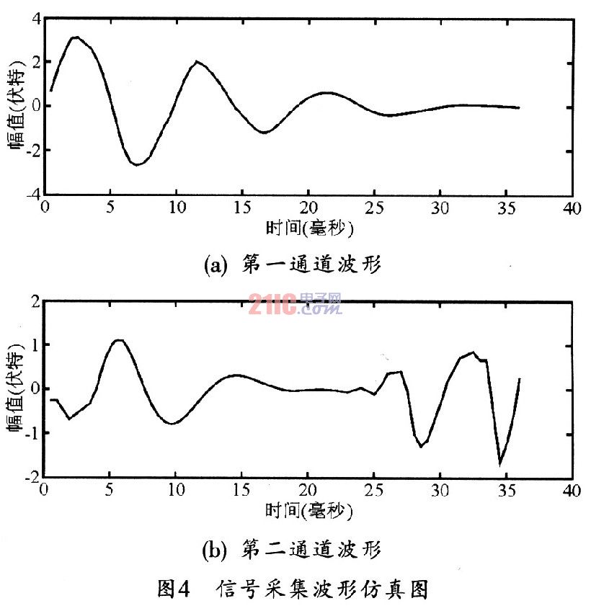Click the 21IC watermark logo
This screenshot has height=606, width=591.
(x=295, y=305)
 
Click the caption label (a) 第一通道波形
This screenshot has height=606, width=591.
(x=293, y=265)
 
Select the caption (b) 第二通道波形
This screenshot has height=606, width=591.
(x=293, y=550)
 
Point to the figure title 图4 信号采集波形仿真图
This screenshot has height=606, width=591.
(x=293, y=589)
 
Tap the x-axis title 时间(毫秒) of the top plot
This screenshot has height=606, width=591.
(x=309, y=228)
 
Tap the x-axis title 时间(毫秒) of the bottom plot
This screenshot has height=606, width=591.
(x=309, y=512)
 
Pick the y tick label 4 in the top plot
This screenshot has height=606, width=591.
(x=34, y=19)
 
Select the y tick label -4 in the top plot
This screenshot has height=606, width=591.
(x=30, y=195)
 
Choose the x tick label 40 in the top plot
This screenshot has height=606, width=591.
(x=571, y=208)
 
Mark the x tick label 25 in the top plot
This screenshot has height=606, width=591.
(x=373, y=208)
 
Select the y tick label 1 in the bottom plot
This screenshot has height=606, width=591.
(x=34, y=345)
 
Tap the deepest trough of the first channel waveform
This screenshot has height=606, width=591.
(x=136, y=164)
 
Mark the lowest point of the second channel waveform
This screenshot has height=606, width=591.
(x=500, y=463)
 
